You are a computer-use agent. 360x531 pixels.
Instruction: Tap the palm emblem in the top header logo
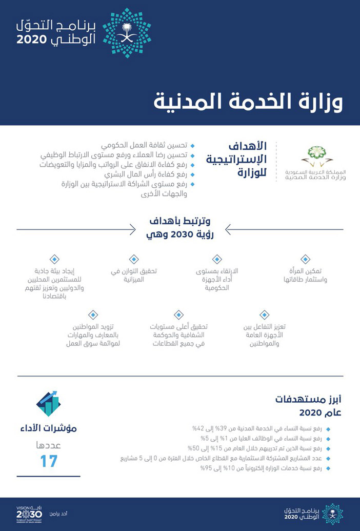tap(127, 32)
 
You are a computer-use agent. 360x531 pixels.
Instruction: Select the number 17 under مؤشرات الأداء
tap(49, 461)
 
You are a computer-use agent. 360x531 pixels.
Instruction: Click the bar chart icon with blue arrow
tap(49, 403)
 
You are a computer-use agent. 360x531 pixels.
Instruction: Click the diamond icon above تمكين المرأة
tap(306, 259)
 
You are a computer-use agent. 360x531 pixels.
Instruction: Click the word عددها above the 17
tap(49, 444)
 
